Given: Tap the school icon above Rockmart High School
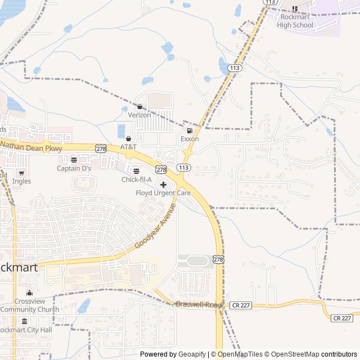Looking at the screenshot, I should pyautogui.click(x=295, y=8).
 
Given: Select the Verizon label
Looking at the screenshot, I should pyautogui.click(x=139, y=115).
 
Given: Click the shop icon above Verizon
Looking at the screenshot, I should pyautogui.click(x=139, y=106).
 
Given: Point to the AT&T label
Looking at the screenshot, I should pyautogui.click(x=128, y=146).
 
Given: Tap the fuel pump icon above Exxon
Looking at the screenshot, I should pyautogui.click(x=190, y=130).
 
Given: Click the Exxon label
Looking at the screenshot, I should pyautogui.click(x=190, y=139).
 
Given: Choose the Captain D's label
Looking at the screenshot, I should pyautogui.click(x=74, y=168).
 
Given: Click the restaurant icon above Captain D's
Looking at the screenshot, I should pyautogui.click(x=74, y=160).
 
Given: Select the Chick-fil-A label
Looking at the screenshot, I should pyautogui.click(x=137, y=179).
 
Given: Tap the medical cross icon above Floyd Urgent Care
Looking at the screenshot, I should pyautogui.click(x=163, y=184).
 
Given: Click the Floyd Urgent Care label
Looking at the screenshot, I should pyautogui.click(x=163, y=193).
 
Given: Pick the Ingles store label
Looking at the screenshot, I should pyautogui.click(x=22, y=181).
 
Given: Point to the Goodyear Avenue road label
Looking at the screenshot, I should pyautogui.click(x=156, y=227).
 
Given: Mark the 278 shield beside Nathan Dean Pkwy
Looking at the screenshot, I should pyautogui.click(x=101, y=148).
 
